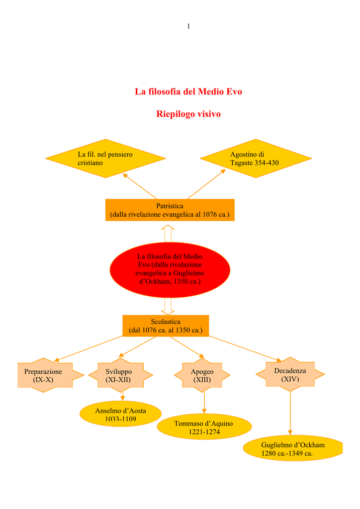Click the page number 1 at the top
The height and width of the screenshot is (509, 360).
point(188,26)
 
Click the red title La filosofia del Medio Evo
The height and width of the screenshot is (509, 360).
point(188,91)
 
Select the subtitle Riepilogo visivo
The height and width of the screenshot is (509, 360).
point(188,114)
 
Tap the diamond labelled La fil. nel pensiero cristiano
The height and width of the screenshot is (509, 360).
point(105,159)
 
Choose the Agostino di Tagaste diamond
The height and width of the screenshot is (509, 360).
point(256,159)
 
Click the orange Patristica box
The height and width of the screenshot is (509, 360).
point(170,210)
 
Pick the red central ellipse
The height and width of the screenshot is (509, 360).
point(170,269)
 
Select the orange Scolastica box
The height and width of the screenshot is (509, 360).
point(166,326)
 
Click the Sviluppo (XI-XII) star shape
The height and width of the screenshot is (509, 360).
point(118,375)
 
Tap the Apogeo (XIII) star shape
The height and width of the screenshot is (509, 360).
point(202,376)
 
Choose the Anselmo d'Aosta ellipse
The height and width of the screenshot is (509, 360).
point(120,415)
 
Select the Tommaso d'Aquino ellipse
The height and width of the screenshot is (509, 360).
point(204,427)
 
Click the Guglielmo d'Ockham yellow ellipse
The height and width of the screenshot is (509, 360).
point(293,448)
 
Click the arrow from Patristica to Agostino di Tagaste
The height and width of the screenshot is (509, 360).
point(206,184)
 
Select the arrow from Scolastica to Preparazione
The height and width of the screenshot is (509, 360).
point(90,348)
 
